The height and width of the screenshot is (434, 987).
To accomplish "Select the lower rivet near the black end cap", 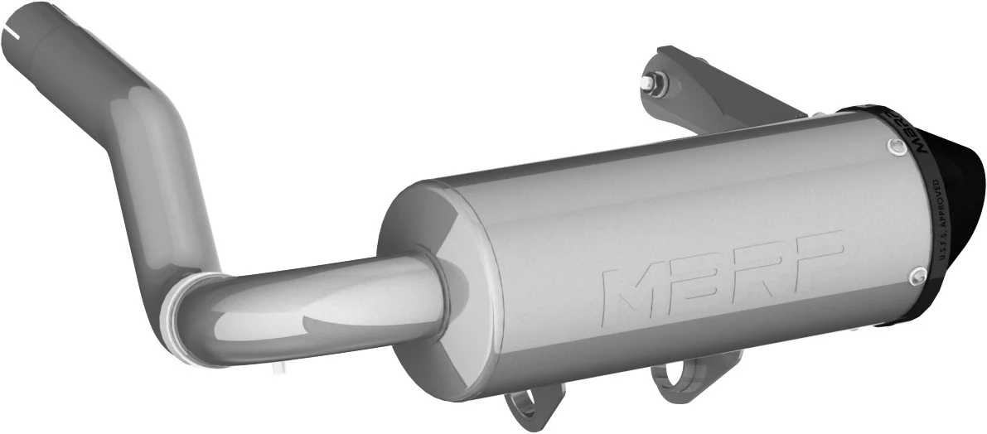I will (917, 275).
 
